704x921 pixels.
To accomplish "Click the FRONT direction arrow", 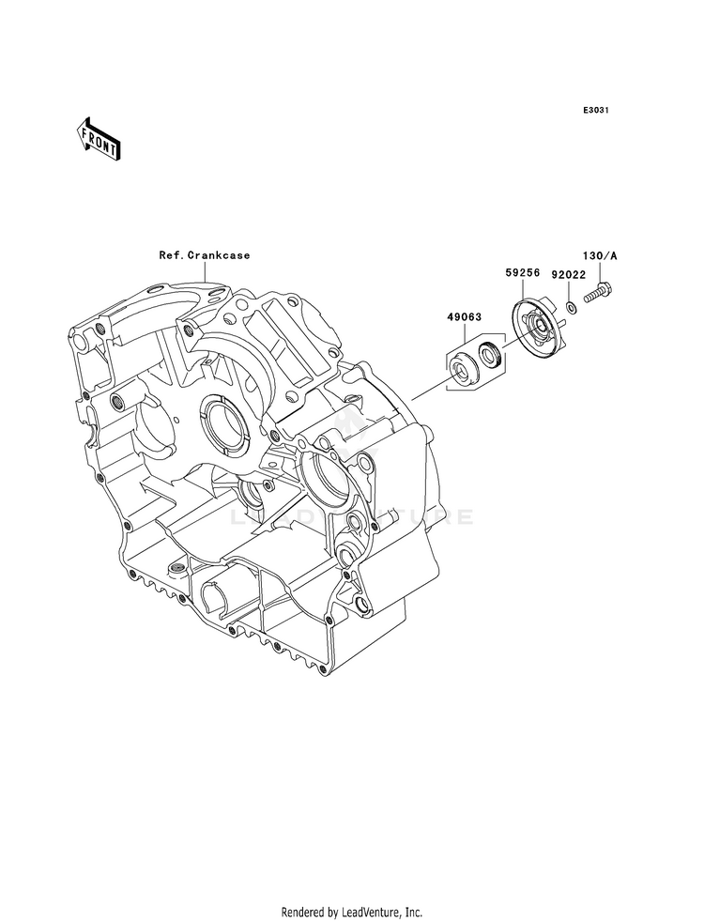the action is pos(99,139).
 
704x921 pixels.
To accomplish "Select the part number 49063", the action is pos(465,317).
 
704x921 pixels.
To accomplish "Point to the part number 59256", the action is pos(523,272).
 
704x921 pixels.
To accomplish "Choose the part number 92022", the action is pos(569,274).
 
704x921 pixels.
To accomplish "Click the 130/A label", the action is pos(600,255).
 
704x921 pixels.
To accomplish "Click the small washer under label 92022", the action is pos(571,307).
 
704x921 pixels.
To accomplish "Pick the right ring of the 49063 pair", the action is pos(490,356).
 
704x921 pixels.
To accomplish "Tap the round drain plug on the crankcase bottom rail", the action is pos(176,569).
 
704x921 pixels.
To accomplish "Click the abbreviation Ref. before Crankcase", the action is pos(173,255).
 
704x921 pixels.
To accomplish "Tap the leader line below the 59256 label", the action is pos(523,289).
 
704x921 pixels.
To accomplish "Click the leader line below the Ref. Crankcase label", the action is pos(205,274).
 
